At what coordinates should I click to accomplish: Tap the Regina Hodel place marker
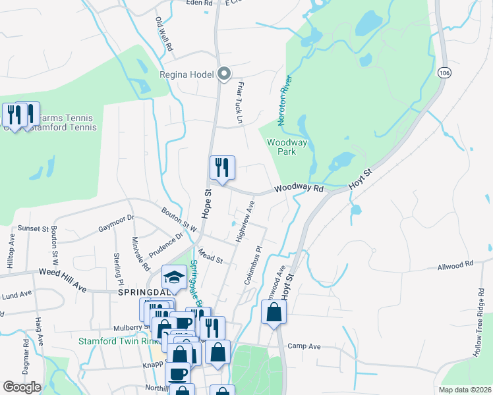224,74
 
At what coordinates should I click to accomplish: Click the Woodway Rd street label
299,189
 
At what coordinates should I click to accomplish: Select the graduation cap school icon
173,276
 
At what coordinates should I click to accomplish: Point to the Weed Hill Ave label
63,271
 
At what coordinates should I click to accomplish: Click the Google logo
22,386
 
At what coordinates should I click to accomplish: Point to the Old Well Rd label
163,35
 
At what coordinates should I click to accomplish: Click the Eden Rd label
199,3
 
